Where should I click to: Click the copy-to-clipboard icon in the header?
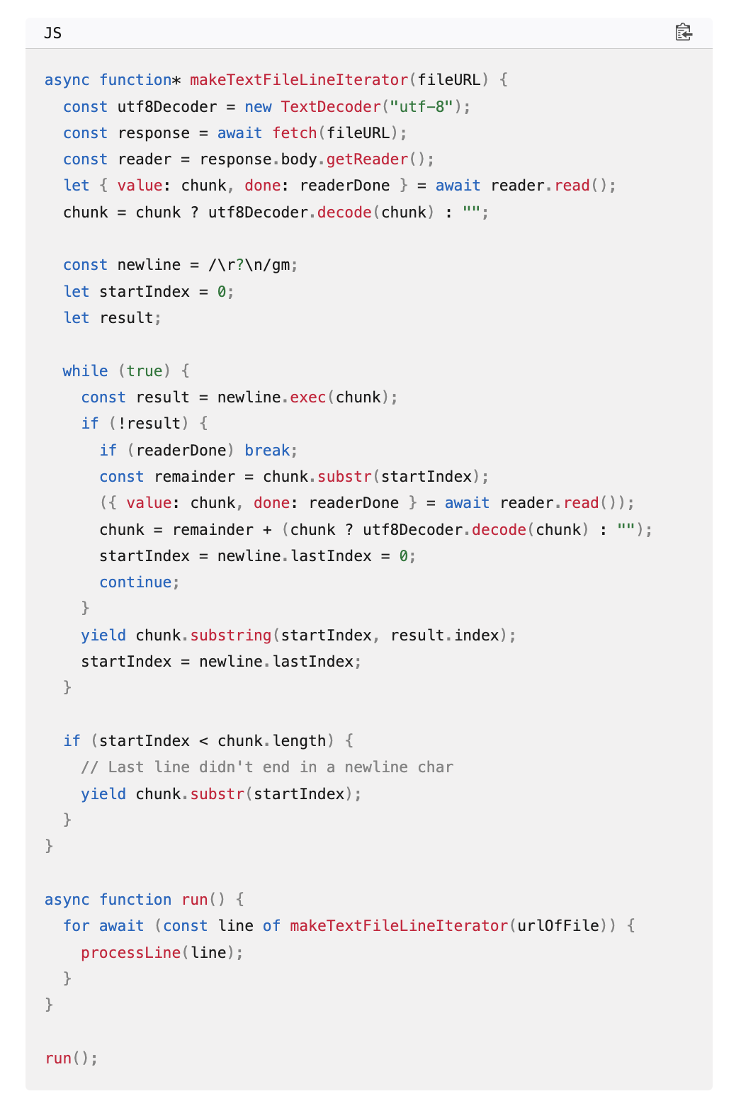point(683,33)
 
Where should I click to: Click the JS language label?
point(53,33)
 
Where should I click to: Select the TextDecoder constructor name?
point(331,107)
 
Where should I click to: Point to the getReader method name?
point(367,159)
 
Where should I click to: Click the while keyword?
point(85,371)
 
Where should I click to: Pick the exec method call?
point(307,397)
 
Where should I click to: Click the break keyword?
point(267,451)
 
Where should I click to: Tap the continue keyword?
point(135,582)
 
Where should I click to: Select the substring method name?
point(230,636)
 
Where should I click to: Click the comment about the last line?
point(267,767)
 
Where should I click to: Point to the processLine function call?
point(131,953)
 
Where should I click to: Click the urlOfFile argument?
point(558,926)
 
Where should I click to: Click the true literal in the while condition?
point(145,371)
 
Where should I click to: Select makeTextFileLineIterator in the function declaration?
point(299,80)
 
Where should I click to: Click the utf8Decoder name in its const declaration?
point(167,107)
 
